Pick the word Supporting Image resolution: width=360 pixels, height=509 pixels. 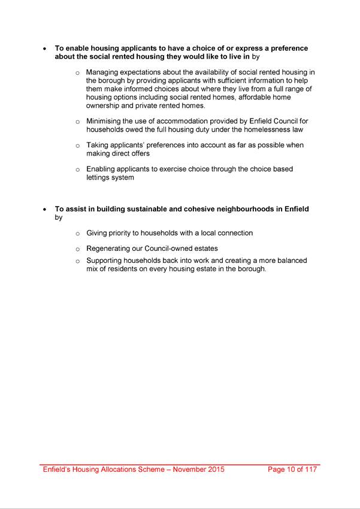[x=105, y=260]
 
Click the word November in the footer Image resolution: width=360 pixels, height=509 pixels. [x=190, y=469]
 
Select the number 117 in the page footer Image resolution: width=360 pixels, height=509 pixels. [x=310, y=469]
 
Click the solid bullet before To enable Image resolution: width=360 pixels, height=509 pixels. [x=44, y=49]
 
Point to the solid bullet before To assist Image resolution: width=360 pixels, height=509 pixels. [x=44, y=210]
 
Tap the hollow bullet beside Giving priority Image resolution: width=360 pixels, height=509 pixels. [x=77, y=234]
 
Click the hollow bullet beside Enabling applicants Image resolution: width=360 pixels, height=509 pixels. [x=77, y=169]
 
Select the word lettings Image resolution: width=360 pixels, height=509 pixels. [x=97, y=177]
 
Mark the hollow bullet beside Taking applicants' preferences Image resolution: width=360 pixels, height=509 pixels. [x=77, y=146]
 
